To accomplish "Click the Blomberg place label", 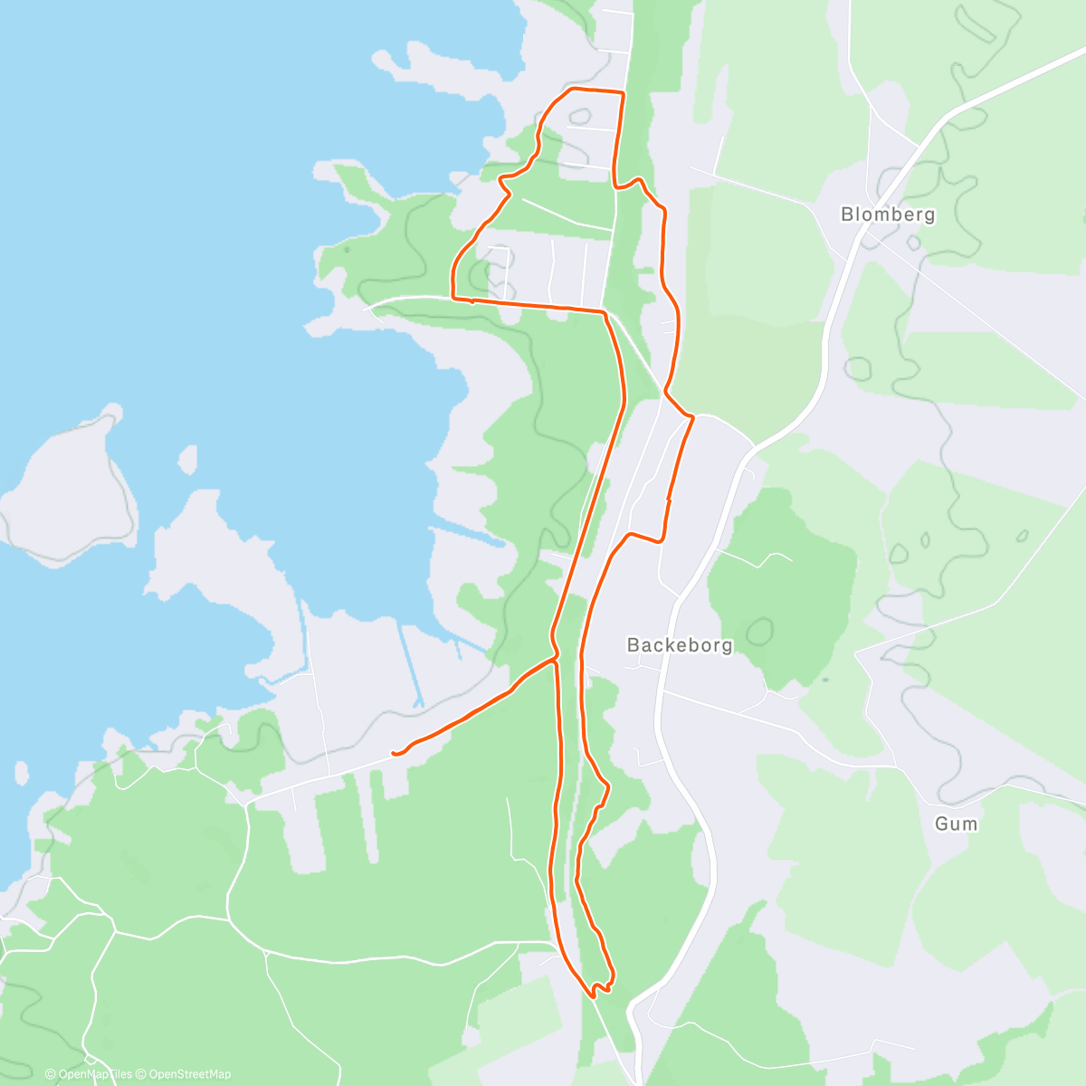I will [x=875, y=214].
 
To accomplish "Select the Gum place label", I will [x=957, y=824].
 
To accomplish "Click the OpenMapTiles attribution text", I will [x=89, y=1074].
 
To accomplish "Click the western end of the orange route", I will [x=394, y=753].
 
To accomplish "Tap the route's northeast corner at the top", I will [x=623, y=92].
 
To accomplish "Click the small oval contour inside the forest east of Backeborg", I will [x=758, y=631].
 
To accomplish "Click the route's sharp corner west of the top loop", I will [x=452, y=297].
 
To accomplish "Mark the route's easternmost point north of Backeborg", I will [x=691, y=417].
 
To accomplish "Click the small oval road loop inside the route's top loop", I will [x=580, y=117].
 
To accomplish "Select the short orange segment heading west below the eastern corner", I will [x=644, y=538].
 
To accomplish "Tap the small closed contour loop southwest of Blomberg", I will [x=858, y=368].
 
